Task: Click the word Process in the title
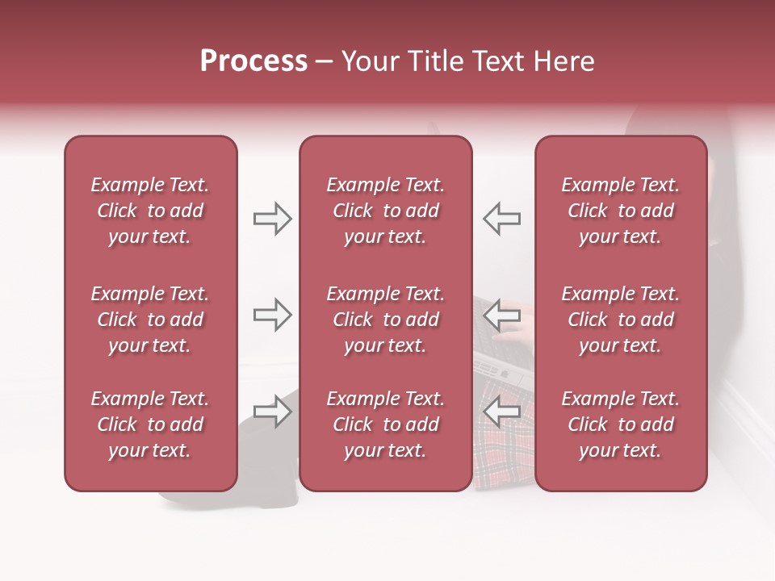click(253, 61)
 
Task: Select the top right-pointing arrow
click(272, 218)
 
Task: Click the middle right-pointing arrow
click(272, 315)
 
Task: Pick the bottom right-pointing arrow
click(272, 412)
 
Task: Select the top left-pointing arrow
click(501, 218)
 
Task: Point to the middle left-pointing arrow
click(501, 315)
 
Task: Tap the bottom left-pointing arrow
click(501, 412)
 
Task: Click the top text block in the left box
click(150, 211)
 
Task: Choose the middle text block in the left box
click(150, 320)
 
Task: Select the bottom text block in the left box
click(150, 424)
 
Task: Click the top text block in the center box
click(385, 211)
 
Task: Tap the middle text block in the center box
click(385, 320)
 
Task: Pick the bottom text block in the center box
click(385, 424)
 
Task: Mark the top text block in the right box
click(620, 211)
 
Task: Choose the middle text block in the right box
click(620, 320)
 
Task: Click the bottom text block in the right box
click(620, 424)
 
